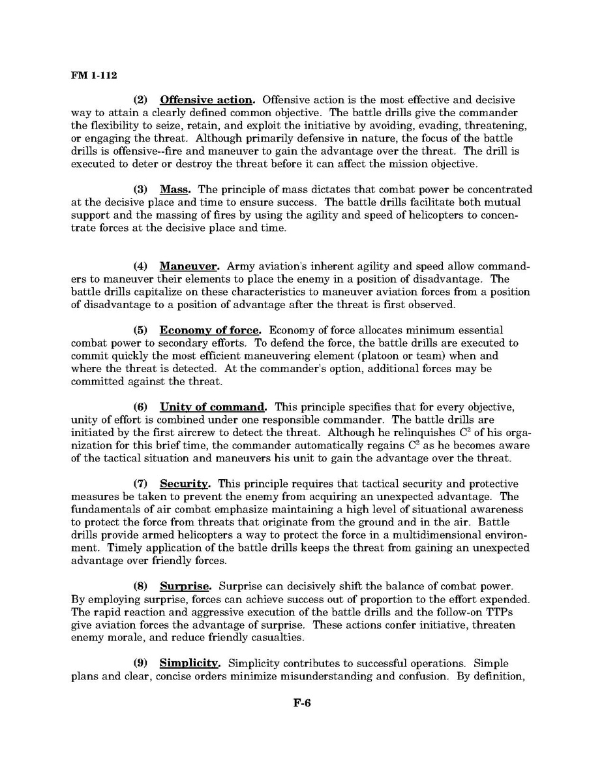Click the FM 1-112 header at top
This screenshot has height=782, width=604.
(94, 76)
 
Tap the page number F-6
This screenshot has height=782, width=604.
(301, 704)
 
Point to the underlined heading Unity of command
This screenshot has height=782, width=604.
(213, 407)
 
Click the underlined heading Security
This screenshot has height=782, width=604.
(185, 484)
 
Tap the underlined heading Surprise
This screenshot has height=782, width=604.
(183, 586)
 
